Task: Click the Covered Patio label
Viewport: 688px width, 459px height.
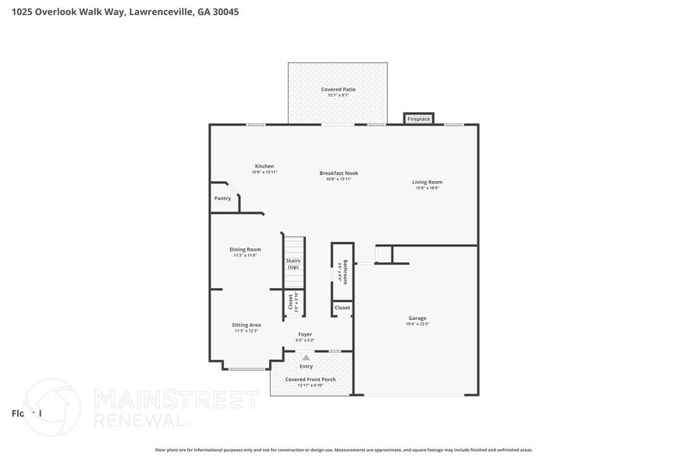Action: [338, 90]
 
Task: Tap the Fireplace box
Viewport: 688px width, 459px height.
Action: [418, 119]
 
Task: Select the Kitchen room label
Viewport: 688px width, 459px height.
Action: [264, 166]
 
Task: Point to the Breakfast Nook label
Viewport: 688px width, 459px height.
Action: [338, 173]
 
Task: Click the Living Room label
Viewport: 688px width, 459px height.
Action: [427, 182]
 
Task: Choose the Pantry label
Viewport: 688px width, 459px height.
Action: [222, 198]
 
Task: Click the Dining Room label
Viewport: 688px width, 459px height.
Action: [245, 250]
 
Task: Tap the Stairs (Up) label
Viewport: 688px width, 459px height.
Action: [293, 264]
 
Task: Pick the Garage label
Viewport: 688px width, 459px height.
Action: [417, 318]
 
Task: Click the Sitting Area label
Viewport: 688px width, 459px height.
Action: [246, 325]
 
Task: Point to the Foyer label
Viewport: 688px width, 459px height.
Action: [305, 334]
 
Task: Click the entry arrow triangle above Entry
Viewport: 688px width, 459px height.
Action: [306, 358]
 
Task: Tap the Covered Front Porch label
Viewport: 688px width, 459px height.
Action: [310, 379]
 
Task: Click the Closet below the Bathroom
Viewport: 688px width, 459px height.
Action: [342, 308]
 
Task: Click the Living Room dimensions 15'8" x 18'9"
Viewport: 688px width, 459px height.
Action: [427, 188]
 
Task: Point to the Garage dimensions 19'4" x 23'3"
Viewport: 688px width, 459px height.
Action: [417, 324]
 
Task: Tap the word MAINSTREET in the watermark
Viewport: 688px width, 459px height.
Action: [176, 400]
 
